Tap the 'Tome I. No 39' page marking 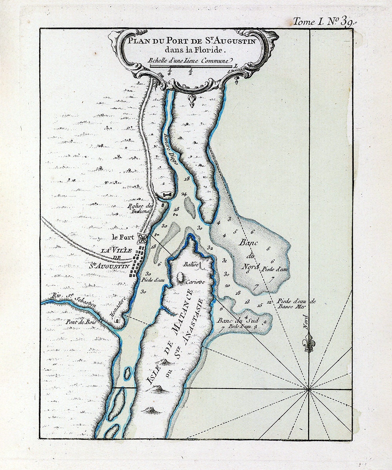(x=324, y=22)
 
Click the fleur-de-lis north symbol (x=309, y=342)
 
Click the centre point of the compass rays (x=309, y=389)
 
